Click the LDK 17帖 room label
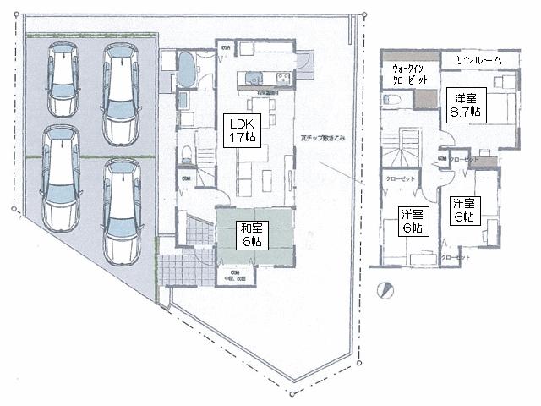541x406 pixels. pyautogui.click(x=241, y=130)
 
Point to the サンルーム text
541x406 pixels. pyautogui.click(x=478, y=60)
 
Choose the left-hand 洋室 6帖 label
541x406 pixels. pyautogui.click(x=411, y=220)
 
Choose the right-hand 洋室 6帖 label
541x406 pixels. pyautogui.click(x=462, y=209)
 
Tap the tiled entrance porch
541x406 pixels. pyautogui.click(x=182, y=269)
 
